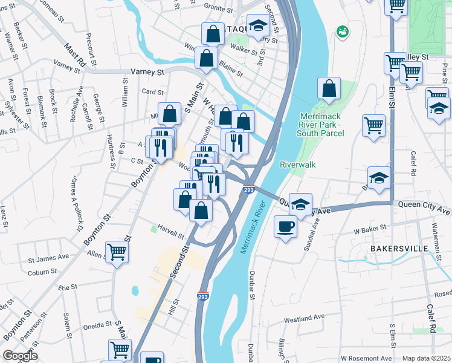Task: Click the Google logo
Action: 19,356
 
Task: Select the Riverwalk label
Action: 298,164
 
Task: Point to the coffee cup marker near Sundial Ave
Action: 286,227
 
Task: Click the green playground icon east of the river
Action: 343,31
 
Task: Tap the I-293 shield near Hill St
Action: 202,296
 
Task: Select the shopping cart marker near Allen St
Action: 117,251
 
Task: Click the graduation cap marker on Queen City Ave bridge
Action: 300,204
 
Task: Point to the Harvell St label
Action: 170,232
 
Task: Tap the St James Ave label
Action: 48,259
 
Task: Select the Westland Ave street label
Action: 305,318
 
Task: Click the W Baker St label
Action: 370,231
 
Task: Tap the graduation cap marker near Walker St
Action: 258,26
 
